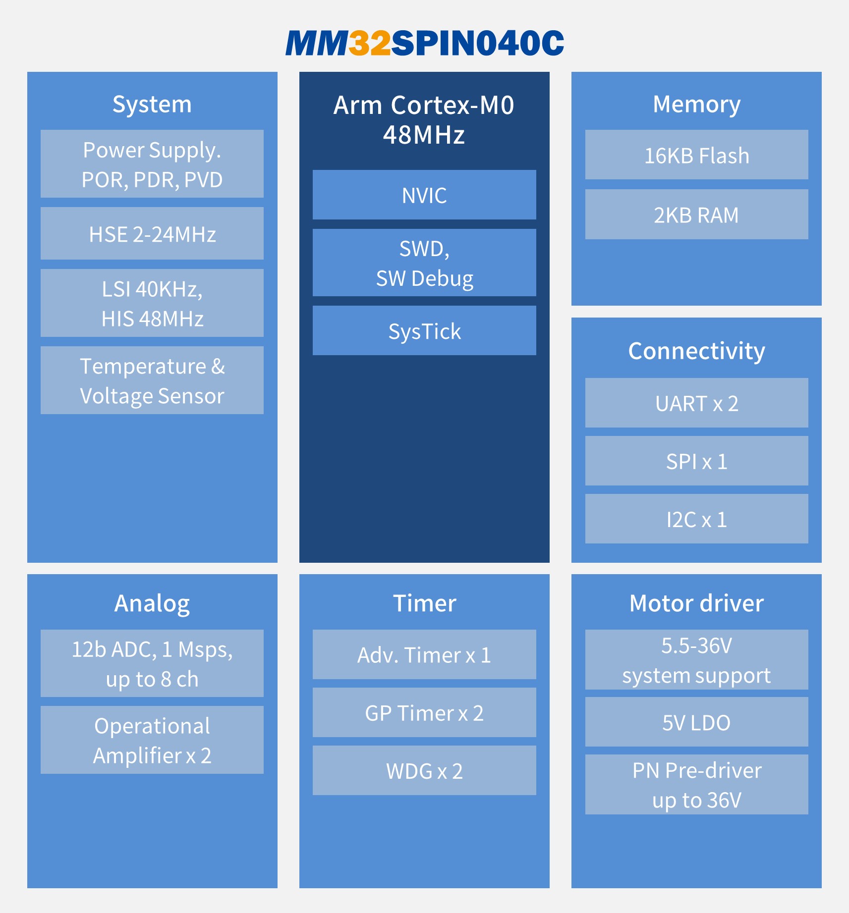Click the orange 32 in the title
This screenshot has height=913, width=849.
point(370,43)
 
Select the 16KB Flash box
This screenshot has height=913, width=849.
point(696,155)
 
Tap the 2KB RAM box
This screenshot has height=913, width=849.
point(696,214)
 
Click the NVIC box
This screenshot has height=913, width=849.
point(424,195)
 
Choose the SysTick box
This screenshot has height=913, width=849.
point(424,330)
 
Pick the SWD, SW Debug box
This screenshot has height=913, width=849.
point(424,263)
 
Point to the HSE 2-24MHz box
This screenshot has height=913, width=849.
point(152,233)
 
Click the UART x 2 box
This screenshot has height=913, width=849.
point(696,403)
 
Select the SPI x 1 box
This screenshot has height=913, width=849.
point(696,461)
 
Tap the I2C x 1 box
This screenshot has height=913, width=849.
point(696,519)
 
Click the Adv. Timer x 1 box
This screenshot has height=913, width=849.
point(424,654)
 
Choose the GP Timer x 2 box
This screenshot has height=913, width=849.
point(424,712)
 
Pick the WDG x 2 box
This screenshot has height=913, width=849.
point(424,770)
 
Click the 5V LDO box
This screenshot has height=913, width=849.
point(696,722)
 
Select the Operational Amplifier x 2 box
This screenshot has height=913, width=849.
point(152,740)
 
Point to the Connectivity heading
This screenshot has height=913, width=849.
point(696,351)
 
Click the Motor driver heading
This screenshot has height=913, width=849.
point(696,603)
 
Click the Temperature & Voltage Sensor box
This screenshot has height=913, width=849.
point(152,380)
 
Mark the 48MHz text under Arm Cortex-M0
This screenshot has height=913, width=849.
point(424,135)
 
